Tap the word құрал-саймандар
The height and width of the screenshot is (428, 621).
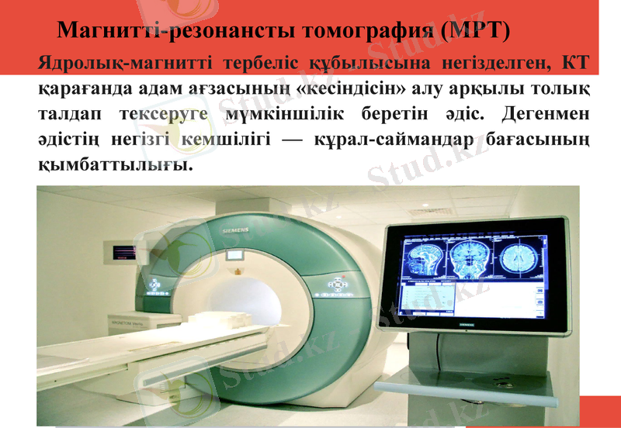[405, 140]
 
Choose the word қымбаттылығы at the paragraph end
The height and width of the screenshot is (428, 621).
[113, 165]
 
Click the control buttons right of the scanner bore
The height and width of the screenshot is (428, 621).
[336, 286]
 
